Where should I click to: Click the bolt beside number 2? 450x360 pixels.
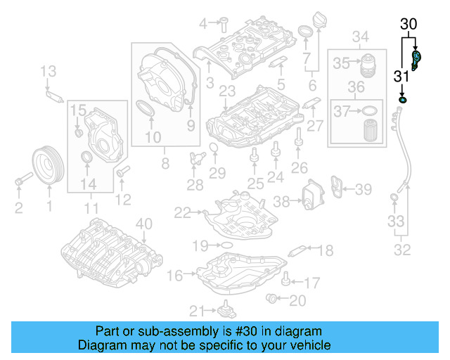pyautogui.click(x=20, y=184)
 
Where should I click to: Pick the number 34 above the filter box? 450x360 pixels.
pyautogui.click(x=360, y=37)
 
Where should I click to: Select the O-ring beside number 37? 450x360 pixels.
pyautogui.click(x=368, y=110)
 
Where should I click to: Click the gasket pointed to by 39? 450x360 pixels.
pyautogui.click(x=340, y=189)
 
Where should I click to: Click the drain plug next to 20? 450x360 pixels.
pyautogui.click(x=271, y=300)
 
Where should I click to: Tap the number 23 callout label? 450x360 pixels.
pyautogui.click(x=226, y=92)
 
